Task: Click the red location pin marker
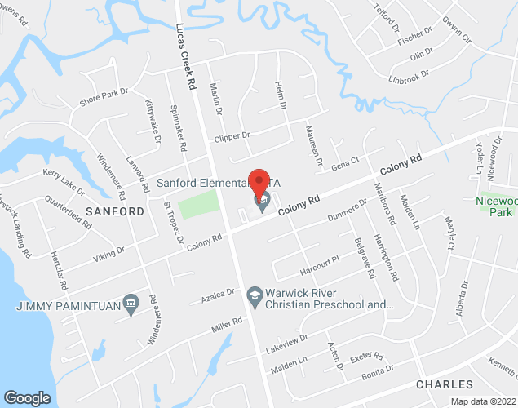point(259,182)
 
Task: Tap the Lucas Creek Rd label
point(186,55)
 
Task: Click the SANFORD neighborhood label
point(114,211)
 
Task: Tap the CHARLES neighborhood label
point(444,384)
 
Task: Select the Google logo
point(27,397)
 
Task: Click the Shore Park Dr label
point(104,98)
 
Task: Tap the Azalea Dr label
point(218,292)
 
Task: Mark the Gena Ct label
point(345,164)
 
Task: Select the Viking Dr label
point(109,253)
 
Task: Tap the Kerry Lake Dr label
point(64,182)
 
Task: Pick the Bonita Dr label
point(378,373)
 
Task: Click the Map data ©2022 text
point(482,401)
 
